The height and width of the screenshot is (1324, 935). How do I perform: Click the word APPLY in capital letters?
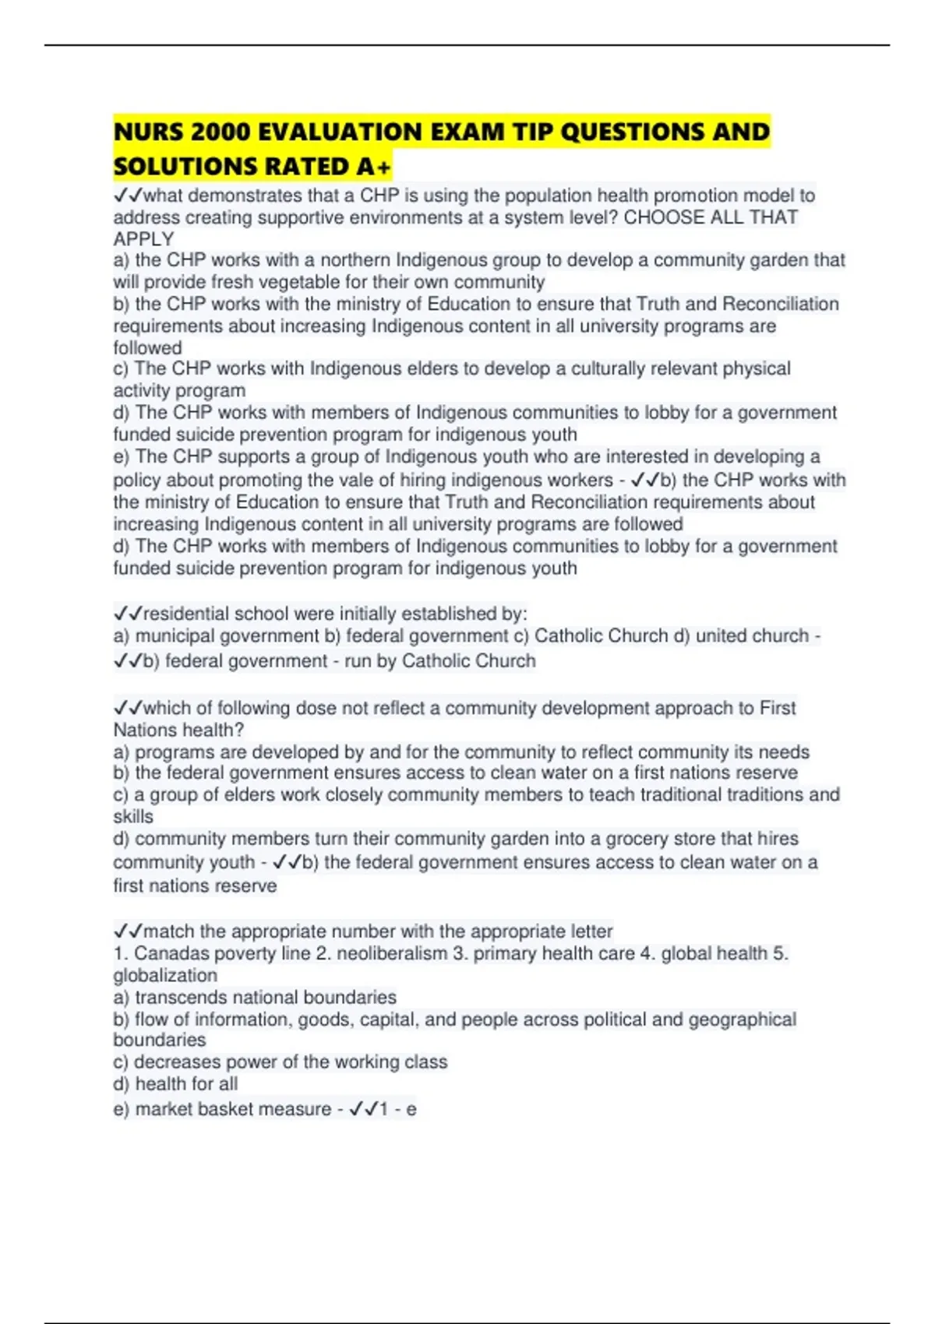[x=143, y=239]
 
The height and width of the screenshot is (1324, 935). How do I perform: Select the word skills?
[x=133, y=816]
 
